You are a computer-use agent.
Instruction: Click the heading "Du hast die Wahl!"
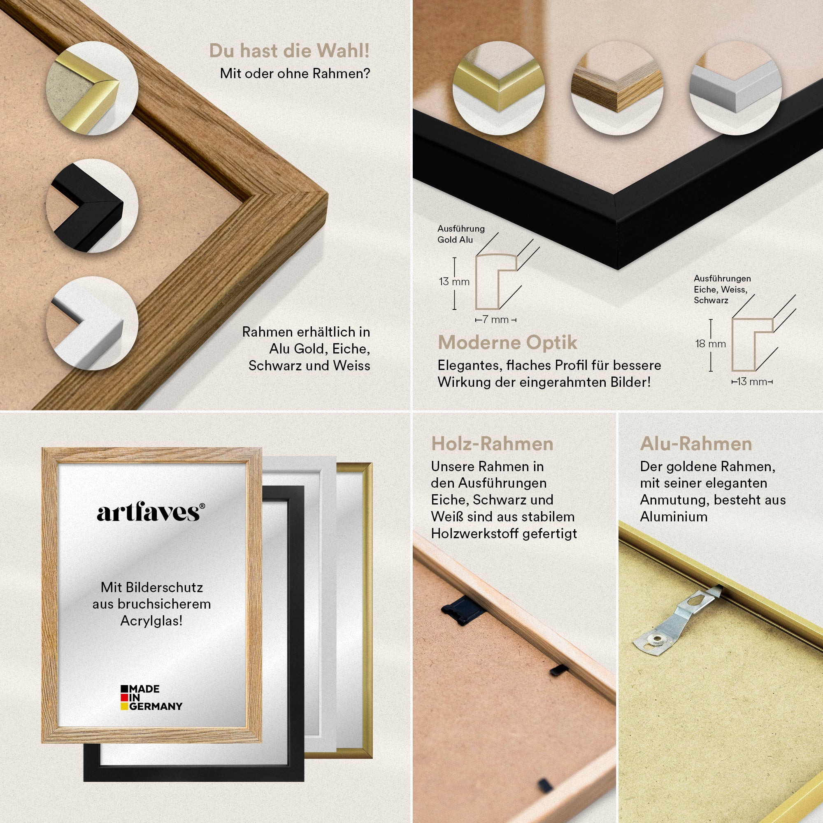(289, 51)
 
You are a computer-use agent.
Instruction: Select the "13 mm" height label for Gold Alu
(454, 281)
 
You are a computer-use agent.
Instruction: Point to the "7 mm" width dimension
(496, 319)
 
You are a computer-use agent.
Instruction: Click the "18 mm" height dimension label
(711, 344)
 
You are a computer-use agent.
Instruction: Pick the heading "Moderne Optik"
(508, 342)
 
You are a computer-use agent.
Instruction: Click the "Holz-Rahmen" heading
(492, 444)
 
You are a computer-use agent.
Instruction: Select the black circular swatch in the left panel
(92, 205)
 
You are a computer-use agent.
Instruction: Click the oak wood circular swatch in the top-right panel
(617, 88)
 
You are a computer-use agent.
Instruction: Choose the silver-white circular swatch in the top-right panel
(736, 88)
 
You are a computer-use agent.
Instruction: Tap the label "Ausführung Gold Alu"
(461, 234)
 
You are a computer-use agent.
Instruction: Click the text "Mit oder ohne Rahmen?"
(295, 74)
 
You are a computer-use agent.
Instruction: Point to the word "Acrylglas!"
(151, 621)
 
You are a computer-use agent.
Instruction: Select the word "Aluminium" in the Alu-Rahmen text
(674, 517)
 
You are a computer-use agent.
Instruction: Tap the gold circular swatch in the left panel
(92, 88)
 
